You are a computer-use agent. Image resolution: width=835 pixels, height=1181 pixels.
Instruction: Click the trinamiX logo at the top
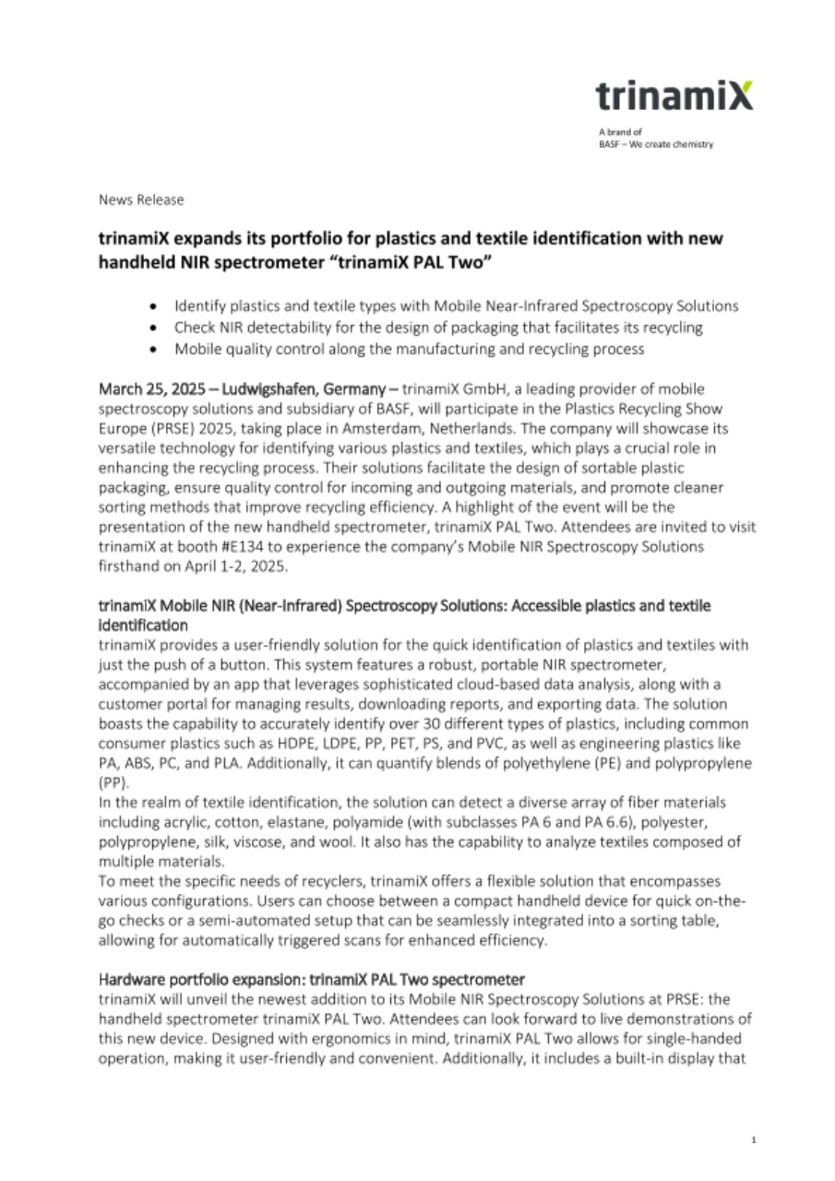tap(674, 96)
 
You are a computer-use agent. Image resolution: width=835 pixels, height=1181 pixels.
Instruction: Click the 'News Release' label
tap(141, 199)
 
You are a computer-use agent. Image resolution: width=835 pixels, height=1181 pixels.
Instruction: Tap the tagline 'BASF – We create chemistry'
tap(656, 144)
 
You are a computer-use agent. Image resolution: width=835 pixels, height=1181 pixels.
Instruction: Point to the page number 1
tap(754, 1141)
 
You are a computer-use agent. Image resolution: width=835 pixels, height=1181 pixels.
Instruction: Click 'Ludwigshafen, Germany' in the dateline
tap(292, 390)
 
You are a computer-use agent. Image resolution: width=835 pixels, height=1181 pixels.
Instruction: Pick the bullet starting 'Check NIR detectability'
tap(438, 328)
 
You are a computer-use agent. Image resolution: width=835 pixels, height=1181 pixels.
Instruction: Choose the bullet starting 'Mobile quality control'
tap(409, 350)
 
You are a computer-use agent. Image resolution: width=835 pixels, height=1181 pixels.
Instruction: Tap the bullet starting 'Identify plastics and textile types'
tap(456, 305)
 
